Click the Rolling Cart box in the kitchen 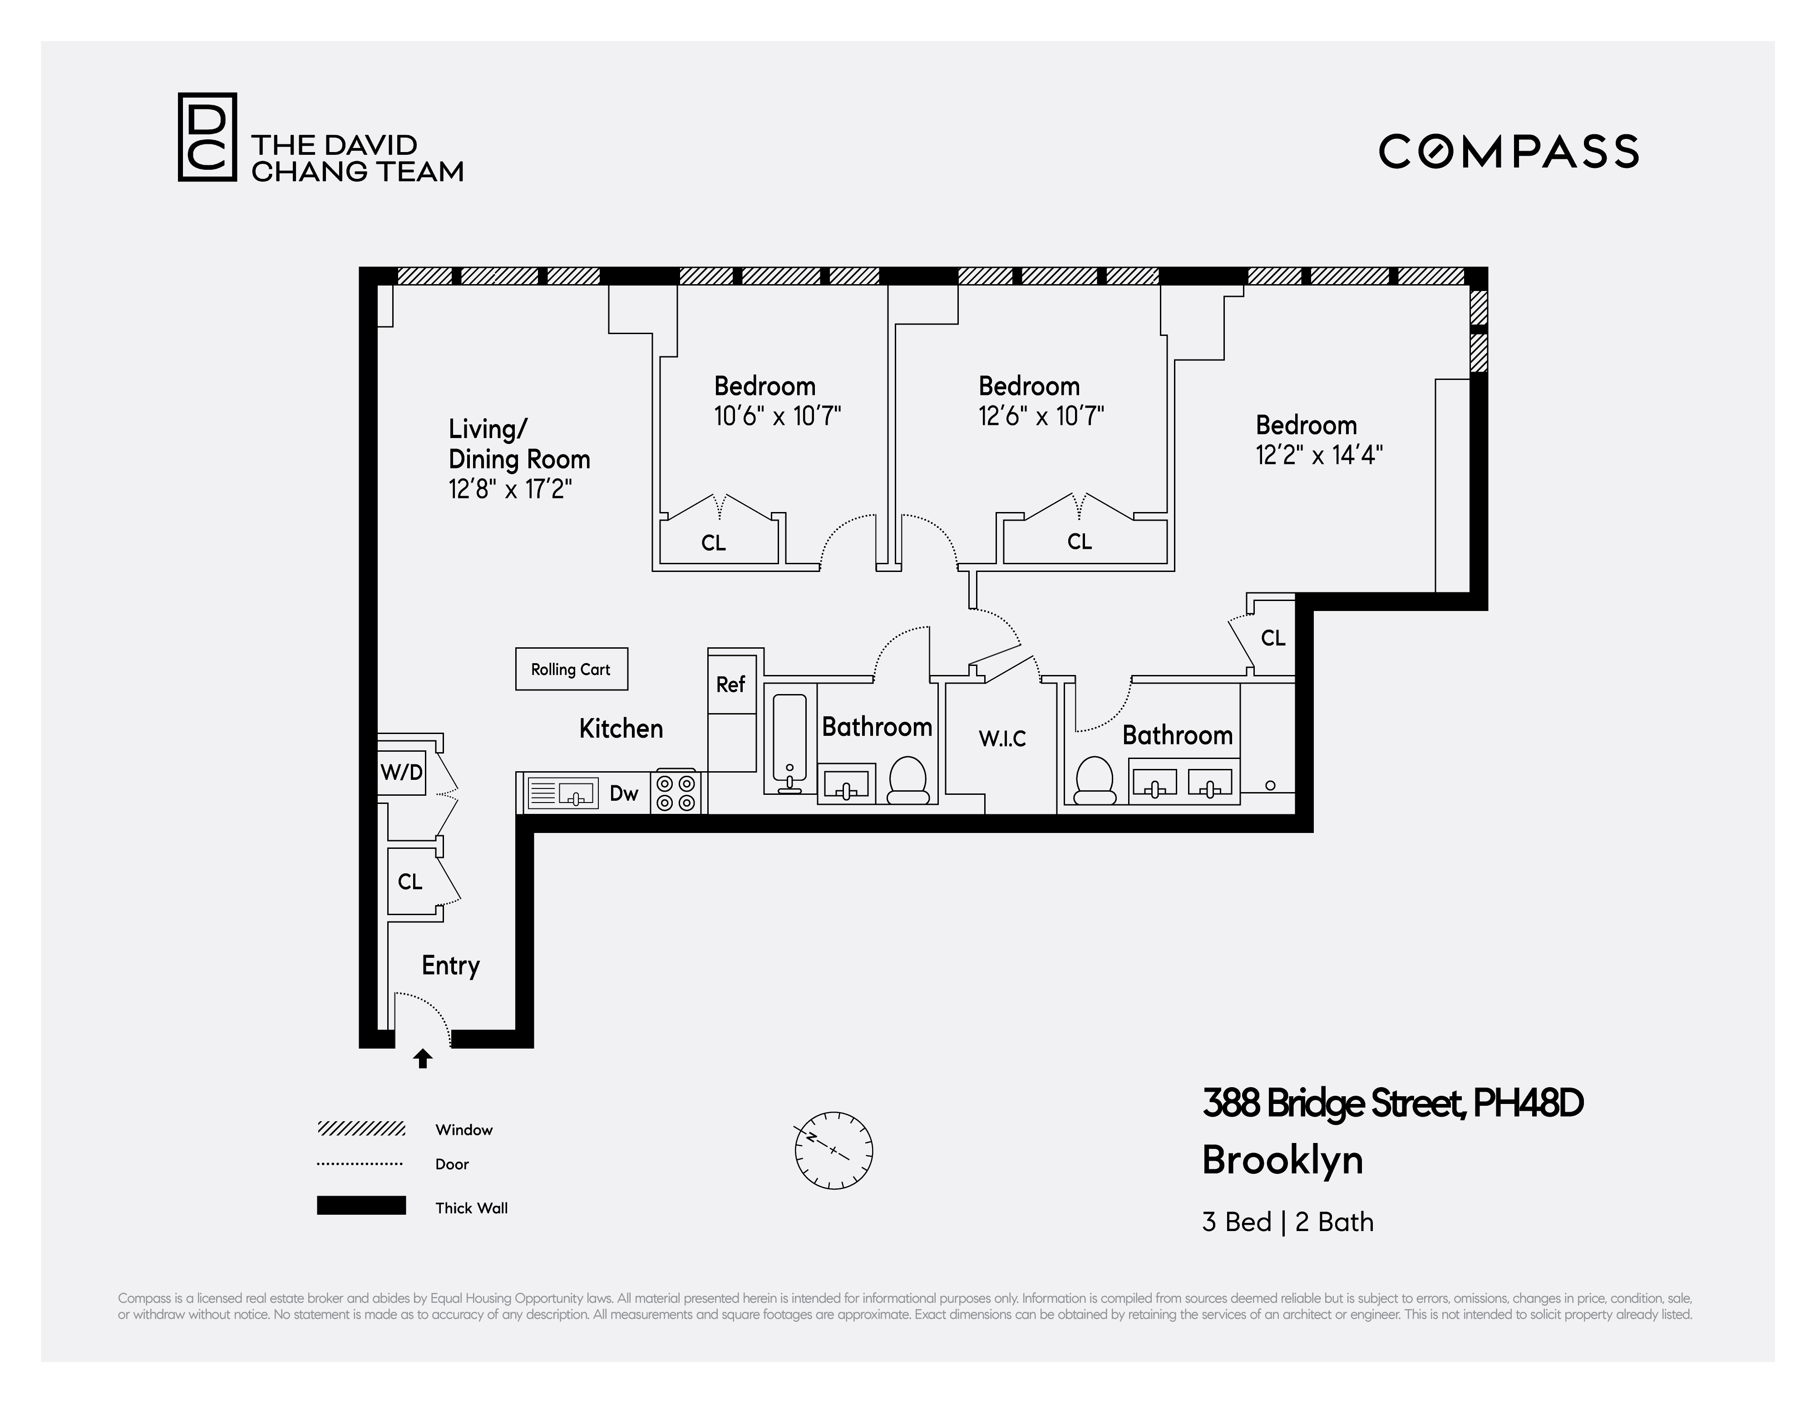pyautogui.click(x=571, y=669)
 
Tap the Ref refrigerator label pyautogui.click(x=730, y=685)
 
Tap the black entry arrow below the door pyautogui.click(x=423, y=1059)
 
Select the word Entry pyautogui.click(x=450, y=966)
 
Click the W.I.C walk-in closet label pyautogui.click(x=1002, y=739)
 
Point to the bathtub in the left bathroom pyautogui.click(x=789, y=742)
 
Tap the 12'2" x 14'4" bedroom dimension pyautogui.click(x=1319, y=455)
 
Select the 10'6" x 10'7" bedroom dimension pyautogui.click(x=777, y=415)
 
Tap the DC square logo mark pyautogui.click(x=207, y=137)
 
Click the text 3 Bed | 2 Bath pyautogui.click(x=1287, y=1222)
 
